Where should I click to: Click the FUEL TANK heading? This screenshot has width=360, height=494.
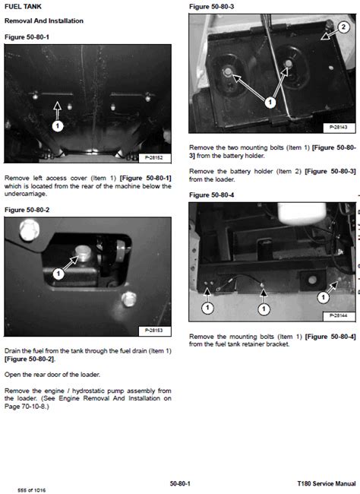23,6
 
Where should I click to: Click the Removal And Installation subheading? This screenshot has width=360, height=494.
44,21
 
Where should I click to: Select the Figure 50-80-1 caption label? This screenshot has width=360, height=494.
27,37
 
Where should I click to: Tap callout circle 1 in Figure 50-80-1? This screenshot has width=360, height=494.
57,126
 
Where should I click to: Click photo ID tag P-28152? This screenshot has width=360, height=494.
153,157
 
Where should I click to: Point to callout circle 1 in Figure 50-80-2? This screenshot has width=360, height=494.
58,274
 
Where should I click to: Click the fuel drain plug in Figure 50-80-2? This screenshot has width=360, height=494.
83,252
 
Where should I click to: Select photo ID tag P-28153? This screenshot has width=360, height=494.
153,331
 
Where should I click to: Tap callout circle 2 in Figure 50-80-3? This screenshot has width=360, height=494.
343,27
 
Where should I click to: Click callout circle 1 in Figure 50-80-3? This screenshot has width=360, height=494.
270,103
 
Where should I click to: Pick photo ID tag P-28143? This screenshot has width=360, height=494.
339,127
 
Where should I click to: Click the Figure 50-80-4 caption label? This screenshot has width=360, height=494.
211,195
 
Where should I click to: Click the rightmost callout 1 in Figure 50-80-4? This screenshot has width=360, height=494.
323,297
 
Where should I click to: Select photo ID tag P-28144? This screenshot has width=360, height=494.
339,315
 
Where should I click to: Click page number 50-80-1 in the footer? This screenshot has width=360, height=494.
180,483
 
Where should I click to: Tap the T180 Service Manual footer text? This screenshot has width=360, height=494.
327,483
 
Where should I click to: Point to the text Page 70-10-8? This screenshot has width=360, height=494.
26,407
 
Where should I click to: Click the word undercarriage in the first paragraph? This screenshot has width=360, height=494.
26,194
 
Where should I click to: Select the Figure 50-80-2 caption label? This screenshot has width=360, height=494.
27,210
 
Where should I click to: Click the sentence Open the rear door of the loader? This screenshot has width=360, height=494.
52,375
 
